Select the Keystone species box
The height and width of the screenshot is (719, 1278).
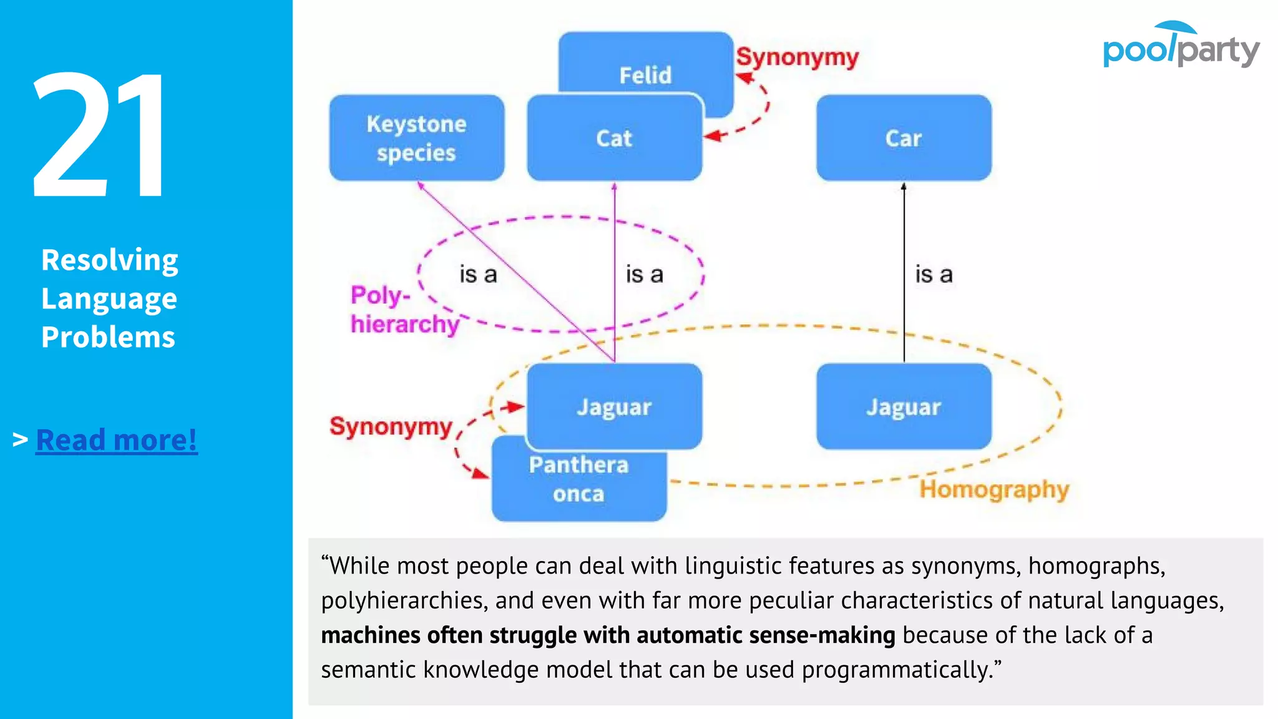coord(416,138)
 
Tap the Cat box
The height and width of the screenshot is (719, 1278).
coord(614,138)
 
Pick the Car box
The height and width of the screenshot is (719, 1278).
coord(903,138)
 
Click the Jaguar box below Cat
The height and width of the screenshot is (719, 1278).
coord(614,407)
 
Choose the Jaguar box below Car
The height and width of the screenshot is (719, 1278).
coord(903,407)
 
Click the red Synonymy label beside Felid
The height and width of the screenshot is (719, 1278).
coord(797,57)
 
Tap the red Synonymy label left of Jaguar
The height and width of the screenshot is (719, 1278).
coord(391,426)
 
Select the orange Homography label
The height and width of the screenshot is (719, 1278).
coord(994,489)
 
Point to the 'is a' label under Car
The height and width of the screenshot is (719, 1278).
coord(934,275)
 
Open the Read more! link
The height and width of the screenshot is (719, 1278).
coord(117,439)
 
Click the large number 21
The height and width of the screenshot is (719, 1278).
coord(100,134)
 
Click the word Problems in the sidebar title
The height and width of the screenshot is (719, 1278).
coord(108,337)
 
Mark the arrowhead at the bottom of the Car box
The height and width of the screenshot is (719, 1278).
coord(904,185)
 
